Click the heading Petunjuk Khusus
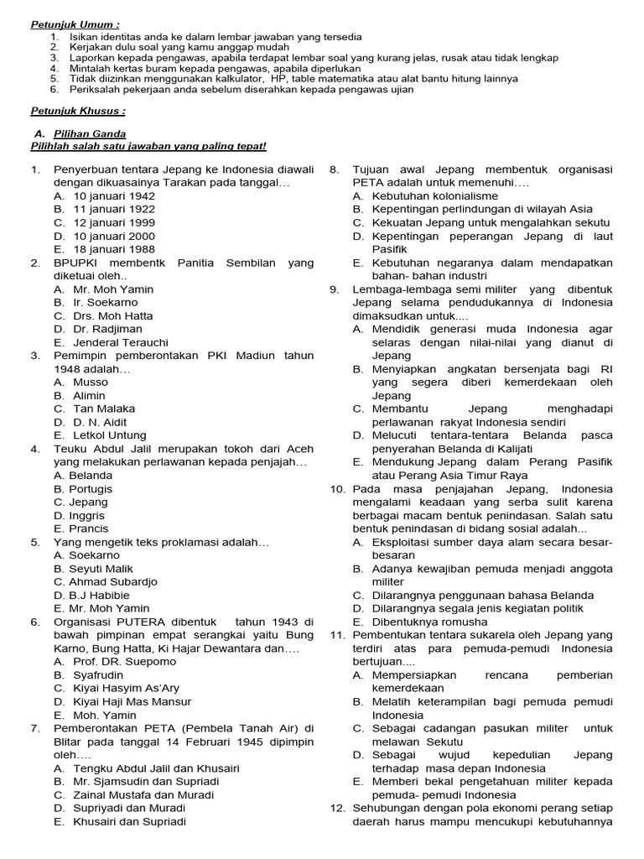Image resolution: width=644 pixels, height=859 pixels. pos(78,110)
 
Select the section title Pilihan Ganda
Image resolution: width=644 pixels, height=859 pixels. pos(90,133)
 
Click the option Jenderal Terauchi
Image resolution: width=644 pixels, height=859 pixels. pos(121,343)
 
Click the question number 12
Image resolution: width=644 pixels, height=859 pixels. pos(337,808)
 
